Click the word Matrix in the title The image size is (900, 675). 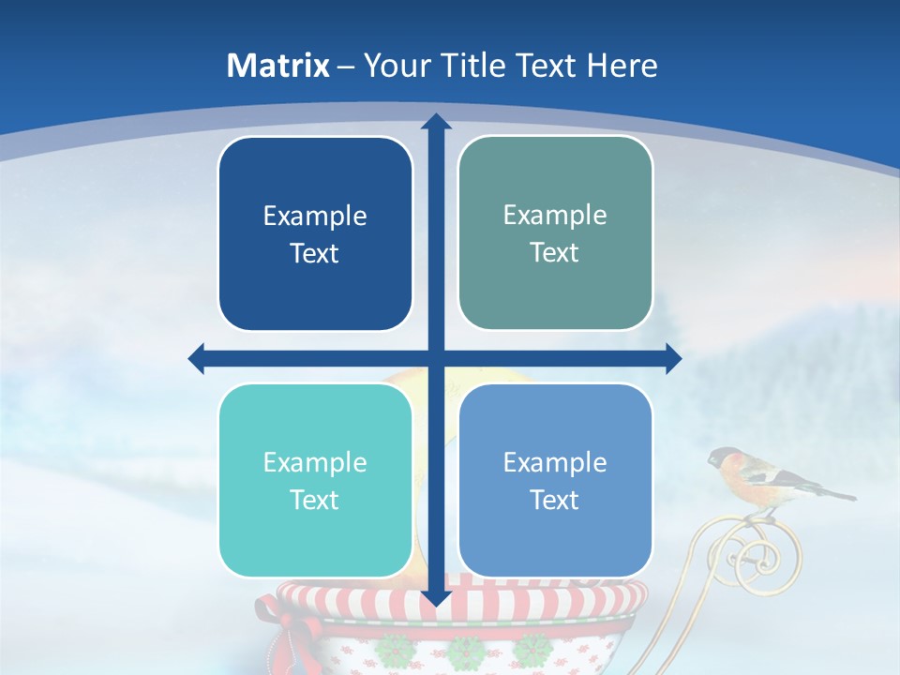(278, 66)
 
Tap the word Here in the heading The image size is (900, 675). (622, 66)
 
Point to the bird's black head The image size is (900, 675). (721, 458)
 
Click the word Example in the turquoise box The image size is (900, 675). (315, 462)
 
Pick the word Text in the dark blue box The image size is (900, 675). (315, 253)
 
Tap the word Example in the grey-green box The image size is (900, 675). (555, 215)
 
